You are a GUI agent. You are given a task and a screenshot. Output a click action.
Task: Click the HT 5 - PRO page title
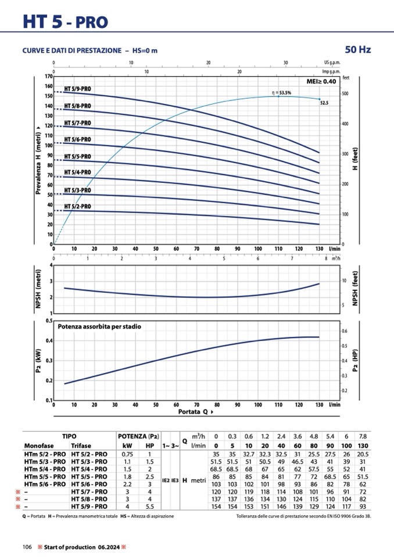(x=65, y=21)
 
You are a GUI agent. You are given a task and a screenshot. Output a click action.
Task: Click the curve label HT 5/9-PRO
(x=77, y=89)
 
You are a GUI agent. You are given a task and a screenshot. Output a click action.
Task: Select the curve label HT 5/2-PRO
(x=77, y=206)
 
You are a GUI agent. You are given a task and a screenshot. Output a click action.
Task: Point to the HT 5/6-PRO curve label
(x=77, y=139)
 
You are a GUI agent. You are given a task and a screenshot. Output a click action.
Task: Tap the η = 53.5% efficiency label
(x=281, y=92)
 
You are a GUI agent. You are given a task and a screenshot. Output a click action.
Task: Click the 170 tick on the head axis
(x=49, y=76)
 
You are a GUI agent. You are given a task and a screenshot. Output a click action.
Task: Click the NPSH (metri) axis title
(x=38, y=289)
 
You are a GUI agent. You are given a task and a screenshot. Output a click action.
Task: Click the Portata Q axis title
(x=195, y=411)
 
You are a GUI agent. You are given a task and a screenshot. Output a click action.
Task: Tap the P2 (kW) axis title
(x=38, y=360)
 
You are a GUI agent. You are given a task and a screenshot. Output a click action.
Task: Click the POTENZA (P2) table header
(x=138, y=436)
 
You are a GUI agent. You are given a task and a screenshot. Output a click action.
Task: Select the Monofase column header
(x=38, y=445)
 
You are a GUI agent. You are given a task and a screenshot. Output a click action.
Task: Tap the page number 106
(x=27, y=547)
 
